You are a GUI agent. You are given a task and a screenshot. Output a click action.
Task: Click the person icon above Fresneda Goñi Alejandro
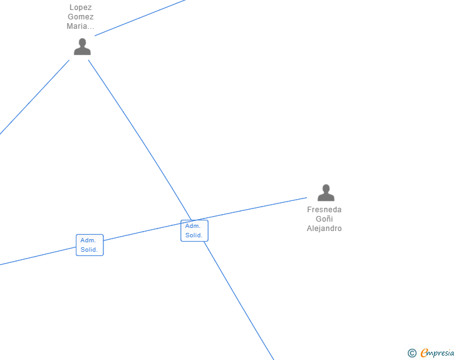click(x=326, y=193)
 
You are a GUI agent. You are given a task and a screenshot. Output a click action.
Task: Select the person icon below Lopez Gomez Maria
click(x=82, y=47)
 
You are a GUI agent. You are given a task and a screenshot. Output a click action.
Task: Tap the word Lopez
click(x=81, y=8)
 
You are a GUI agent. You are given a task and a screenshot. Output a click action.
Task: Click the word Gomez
click(x=81, y=17)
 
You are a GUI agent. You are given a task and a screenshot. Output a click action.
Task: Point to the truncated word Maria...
click(x=81, y=26)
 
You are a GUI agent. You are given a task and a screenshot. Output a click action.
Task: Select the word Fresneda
click(x=324, y=210)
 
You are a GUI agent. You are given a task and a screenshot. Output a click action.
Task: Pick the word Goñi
click(x=324, y=219)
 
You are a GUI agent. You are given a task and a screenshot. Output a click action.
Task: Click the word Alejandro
click(x=324, y=229)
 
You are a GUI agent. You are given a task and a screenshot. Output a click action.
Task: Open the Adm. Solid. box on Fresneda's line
click(x=90, y=245)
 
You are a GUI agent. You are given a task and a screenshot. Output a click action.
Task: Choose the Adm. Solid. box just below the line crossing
click(x=194, y=230)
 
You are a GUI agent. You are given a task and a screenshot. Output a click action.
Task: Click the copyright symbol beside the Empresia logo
click(x=412, y=353)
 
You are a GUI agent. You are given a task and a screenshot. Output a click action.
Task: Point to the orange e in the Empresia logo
click(x=424, y=354)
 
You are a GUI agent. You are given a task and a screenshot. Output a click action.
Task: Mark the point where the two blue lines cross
click(x=191, y=221)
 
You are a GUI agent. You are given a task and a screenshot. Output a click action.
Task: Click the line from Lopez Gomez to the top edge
click(x=141, y=17)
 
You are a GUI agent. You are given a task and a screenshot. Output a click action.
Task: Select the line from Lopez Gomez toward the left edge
click(x=34, y=97)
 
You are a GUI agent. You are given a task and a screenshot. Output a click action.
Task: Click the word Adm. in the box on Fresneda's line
click(x=88, y=240)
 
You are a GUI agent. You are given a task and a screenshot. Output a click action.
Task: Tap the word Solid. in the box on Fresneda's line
click(x=89, y=250)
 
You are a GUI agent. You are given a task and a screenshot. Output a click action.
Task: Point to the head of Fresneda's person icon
click(x=326, y=188)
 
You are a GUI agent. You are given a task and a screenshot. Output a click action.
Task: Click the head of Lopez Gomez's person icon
click(x=82, y=43)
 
